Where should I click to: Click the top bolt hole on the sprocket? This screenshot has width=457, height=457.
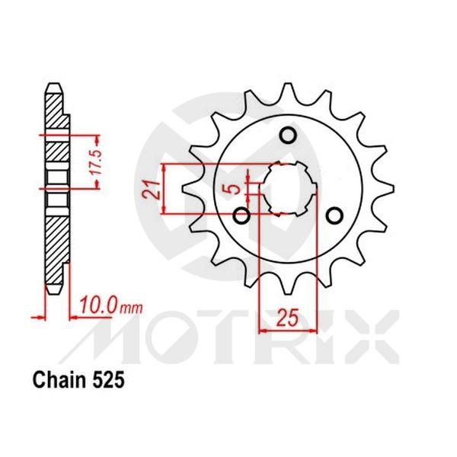coord(288,136)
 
